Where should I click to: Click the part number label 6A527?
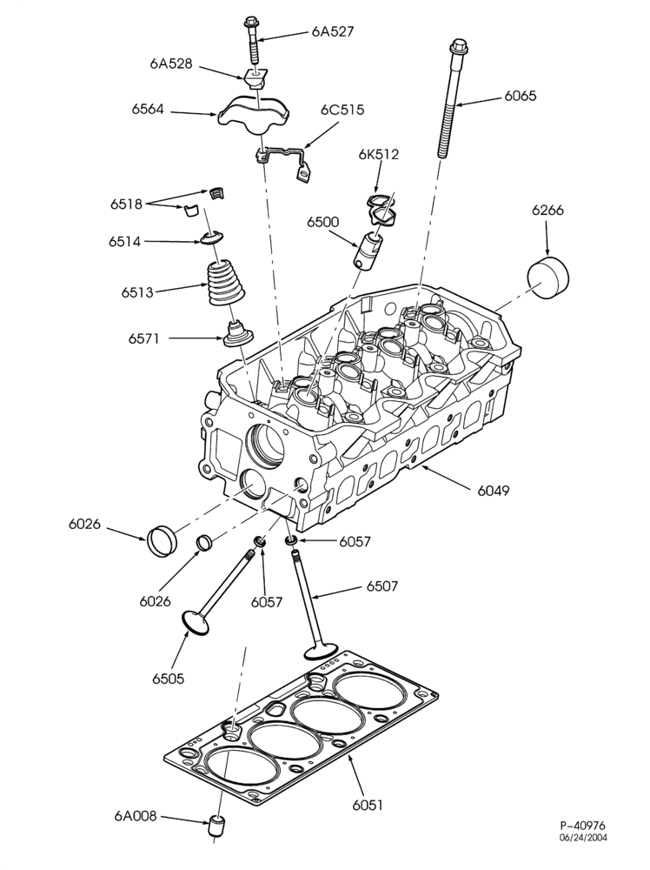[x=332, y=31]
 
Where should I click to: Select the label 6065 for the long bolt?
[x=521, y=96]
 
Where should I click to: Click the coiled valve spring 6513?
[x=226, y=283]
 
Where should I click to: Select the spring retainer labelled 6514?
[x=212, y=238]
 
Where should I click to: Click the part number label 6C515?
[x=342, y=110]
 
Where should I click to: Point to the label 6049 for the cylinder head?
[x=494, y=491]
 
